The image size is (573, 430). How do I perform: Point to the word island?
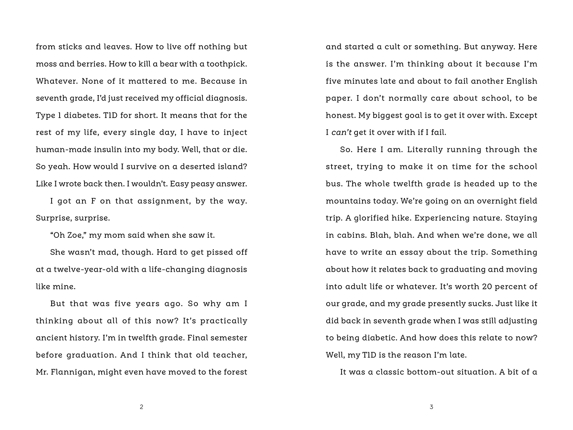231,167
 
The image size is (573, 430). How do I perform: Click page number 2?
141,407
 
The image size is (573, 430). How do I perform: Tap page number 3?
431,407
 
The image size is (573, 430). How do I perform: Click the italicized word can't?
341,133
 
